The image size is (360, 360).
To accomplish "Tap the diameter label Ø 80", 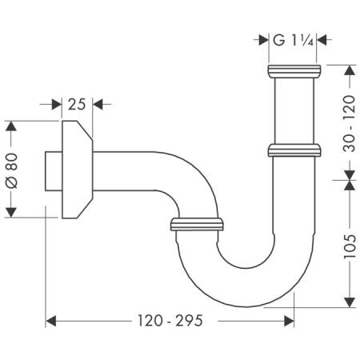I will click(11, 169).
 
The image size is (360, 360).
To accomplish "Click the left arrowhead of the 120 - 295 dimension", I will click(50, 321).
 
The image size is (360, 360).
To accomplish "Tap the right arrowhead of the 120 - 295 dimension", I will click(289, 321).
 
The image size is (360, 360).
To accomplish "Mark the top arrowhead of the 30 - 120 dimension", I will click(350, 70).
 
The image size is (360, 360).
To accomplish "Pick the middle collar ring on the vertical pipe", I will click(294, 149).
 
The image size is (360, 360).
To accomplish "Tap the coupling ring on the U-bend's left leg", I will click(196, 224).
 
